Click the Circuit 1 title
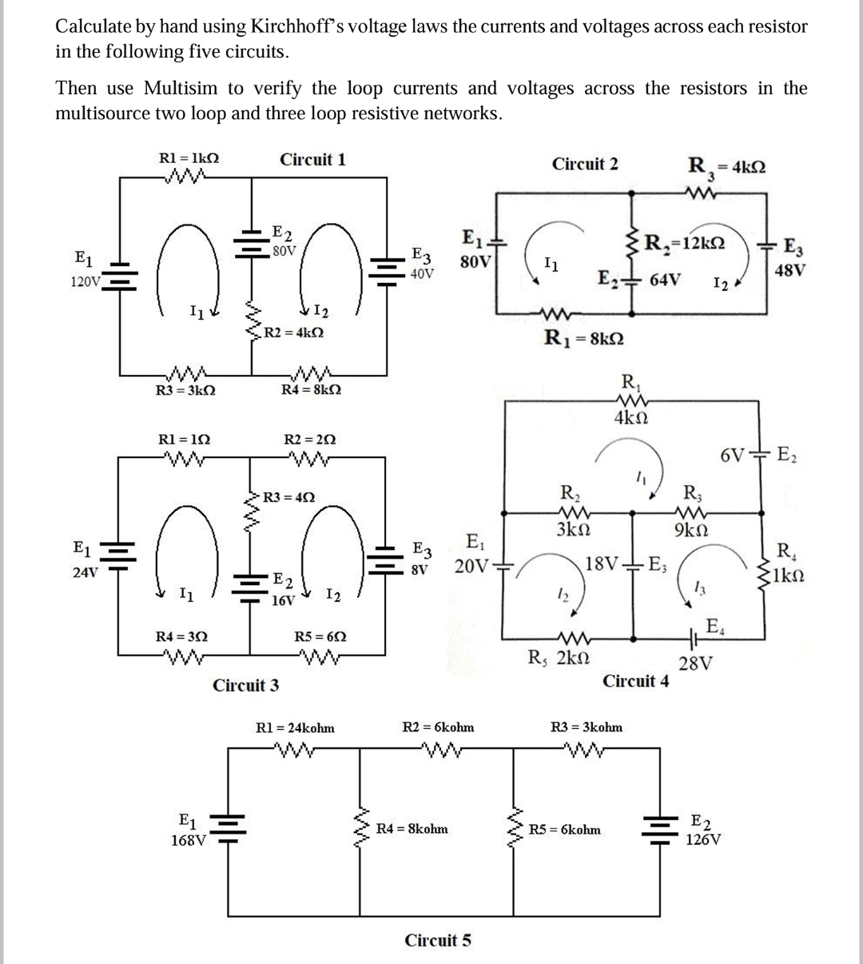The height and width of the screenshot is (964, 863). [312, 159]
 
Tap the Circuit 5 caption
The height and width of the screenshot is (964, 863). [438, 940]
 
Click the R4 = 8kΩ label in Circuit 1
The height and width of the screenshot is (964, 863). [312, 389]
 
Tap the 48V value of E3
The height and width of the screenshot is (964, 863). [789, 270]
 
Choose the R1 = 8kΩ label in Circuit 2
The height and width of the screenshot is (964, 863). [583, 338]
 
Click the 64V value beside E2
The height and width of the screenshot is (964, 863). [665, 281]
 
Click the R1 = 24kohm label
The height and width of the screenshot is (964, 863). [294, 727]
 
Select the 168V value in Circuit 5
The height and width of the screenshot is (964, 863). [189, 840]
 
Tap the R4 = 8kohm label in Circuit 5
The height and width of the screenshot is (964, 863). [412, 829]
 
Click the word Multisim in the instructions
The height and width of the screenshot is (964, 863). [191, 88]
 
